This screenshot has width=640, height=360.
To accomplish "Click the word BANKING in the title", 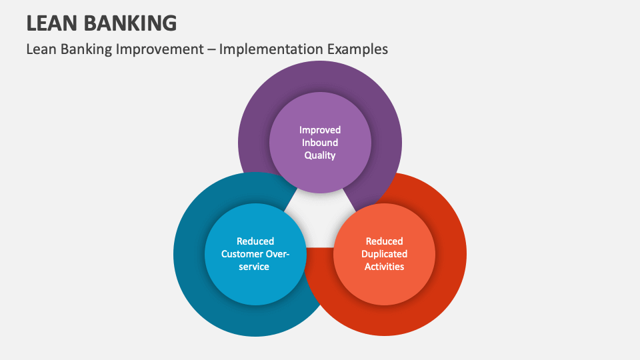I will coord(133,23).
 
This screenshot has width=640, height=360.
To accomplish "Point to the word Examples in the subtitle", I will coord(355,49).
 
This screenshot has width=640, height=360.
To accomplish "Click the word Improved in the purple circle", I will coord(320,130).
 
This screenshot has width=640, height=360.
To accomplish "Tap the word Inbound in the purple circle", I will coord(320,143).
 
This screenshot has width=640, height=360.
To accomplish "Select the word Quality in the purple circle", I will coord(320,155).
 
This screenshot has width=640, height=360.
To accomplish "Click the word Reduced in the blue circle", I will coord(255,241).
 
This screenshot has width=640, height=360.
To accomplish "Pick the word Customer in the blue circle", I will coord(242,254).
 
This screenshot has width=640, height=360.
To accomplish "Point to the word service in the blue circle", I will coord(255,267).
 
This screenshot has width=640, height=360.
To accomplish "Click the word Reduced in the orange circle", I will coord(384,241).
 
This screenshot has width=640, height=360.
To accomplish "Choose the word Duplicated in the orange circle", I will coord(384,254).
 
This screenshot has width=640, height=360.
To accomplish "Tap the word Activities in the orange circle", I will coord(384,267).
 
